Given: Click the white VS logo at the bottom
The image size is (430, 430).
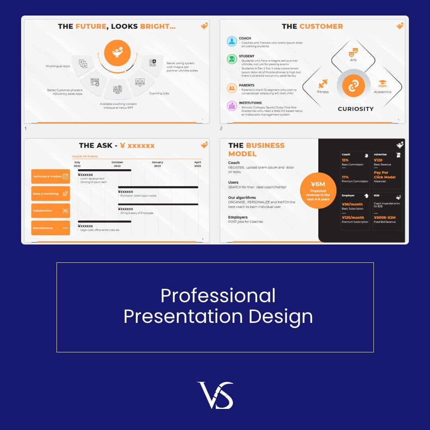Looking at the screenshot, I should point(215,395).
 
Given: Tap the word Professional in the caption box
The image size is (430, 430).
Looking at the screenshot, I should point(218,296).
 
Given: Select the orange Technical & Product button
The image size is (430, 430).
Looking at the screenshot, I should point(51,176).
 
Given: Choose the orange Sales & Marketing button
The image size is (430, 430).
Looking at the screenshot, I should point(51,193).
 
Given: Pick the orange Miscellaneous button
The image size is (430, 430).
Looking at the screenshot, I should point(51,228).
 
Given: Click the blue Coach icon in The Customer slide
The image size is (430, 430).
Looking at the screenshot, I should point(232,41).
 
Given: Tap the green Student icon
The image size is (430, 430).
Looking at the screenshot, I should point(232,59).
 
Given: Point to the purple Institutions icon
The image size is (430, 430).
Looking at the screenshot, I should point(232,106).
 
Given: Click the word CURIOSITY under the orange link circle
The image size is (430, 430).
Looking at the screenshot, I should point(356,109).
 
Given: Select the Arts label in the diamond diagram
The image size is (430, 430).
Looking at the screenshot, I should point(353,60).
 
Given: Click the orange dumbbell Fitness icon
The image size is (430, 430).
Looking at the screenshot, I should point(323,84).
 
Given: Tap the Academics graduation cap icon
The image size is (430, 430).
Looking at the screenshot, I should point(383,84).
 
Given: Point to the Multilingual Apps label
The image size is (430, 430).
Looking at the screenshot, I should point(58,66).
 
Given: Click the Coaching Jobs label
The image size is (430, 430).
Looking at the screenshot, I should point(159,94).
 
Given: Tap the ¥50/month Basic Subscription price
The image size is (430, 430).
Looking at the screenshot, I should point(352,204).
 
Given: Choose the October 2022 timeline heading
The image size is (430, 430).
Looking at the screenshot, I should point(117,164).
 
